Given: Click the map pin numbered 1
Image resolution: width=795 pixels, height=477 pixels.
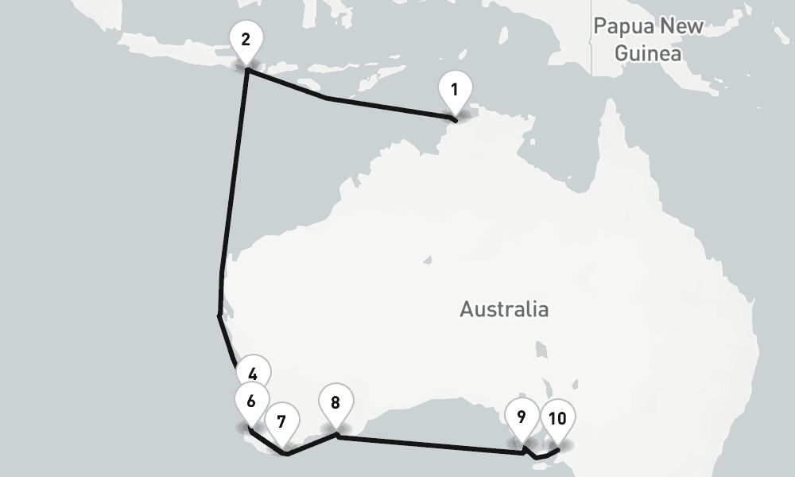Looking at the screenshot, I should (x=454, y=89).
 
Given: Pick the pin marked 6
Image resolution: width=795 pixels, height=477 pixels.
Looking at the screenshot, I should (x=250, y=400).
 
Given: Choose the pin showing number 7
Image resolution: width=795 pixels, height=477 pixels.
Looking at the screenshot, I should (x=281, y=421).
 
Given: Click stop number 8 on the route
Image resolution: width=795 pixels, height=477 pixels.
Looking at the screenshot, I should (x=335, y=402).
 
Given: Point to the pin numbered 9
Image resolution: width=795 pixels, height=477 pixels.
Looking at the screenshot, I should (x=522, y=417).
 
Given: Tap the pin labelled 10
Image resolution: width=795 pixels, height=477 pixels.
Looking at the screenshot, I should (x=557, y=417).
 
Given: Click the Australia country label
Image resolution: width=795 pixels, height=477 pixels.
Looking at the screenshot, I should (x=504, y=308).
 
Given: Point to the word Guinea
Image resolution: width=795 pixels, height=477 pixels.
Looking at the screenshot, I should (x=649, y=54).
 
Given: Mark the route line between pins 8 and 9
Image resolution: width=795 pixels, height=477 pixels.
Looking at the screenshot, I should (x=429, y=444).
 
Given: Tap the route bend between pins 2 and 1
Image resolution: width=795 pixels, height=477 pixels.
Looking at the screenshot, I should (x=327, y=99).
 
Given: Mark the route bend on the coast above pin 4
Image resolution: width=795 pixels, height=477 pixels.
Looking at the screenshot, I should (x=219, y=316).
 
